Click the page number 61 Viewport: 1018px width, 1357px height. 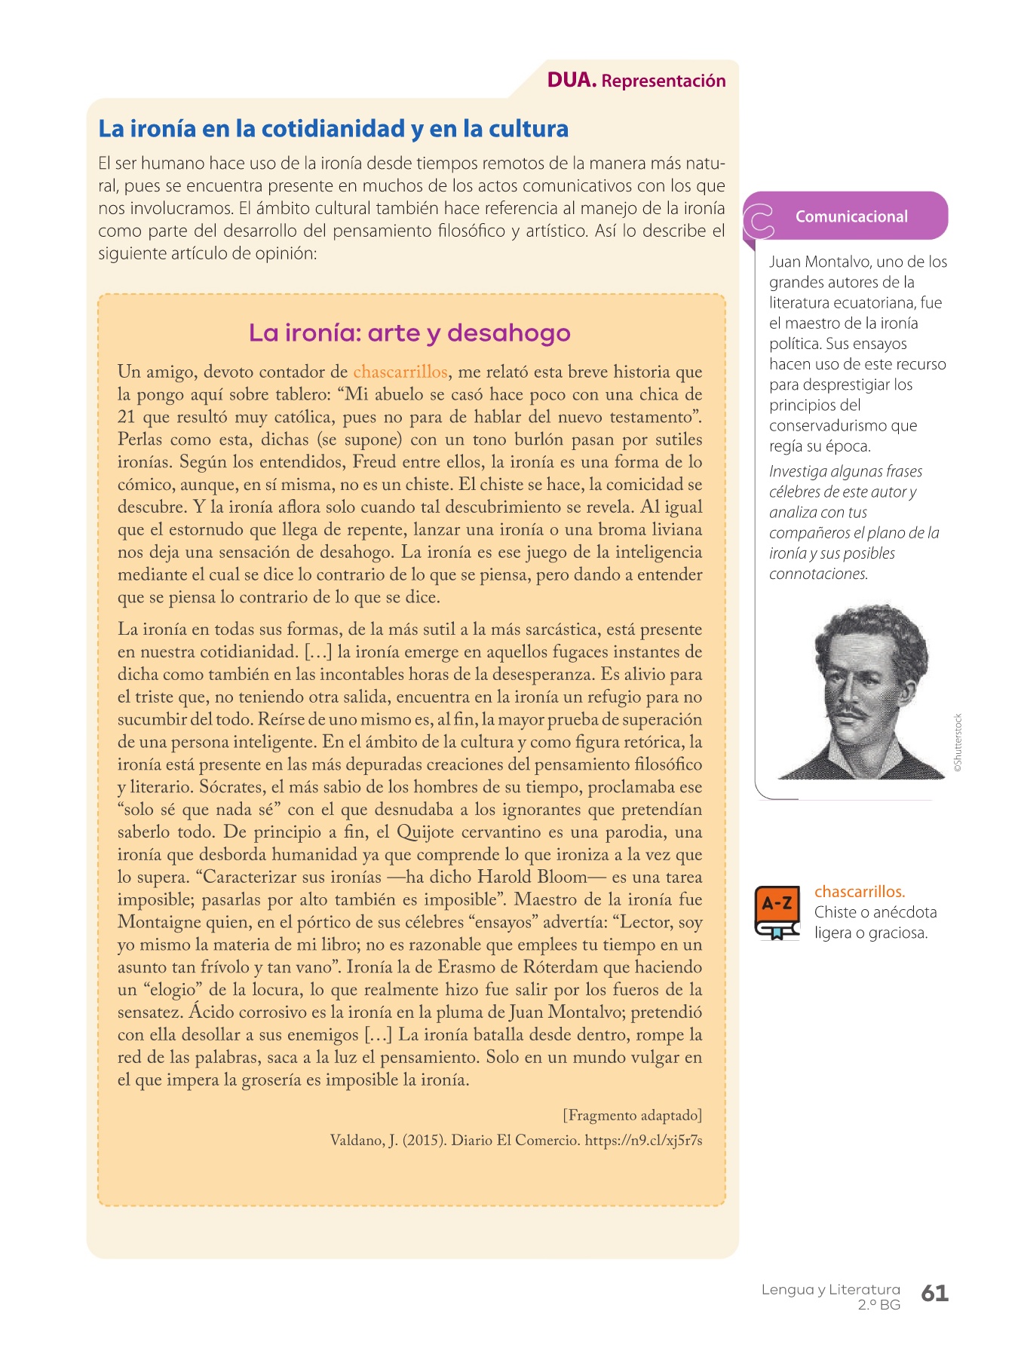[934, 1294]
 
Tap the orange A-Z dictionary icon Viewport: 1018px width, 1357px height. [777, 913]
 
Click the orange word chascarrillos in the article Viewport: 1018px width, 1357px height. [400, 372]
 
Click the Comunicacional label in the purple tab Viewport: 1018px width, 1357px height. [851, 216]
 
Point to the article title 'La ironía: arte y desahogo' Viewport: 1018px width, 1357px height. [409, 332]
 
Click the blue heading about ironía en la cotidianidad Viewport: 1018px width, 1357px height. [333, 129]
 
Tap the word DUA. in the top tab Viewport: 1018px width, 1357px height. [572, 81]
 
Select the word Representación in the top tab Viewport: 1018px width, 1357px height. [664, 81]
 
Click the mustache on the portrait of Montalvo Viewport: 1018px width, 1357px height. [851, 711]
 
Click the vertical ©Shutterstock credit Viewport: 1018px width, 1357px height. [958, 742]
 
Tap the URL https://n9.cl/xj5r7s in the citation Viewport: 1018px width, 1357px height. [643, 1141]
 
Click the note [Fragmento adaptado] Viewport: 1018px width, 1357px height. [632, 1115]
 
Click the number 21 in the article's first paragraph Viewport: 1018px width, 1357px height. [126, 417]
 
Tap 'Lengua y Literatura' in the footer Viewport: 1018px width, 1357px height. [830, 1289]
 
